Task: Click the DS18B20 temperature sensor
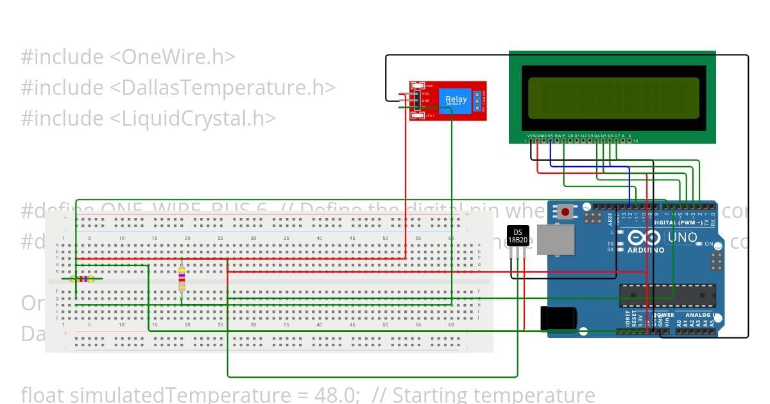pyautogui.click(x=518, y=236)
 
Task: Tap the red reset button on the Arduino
pyautogui.click(x=565, y=211)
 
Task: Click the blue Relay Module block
pyautogui.click(x=456, y=99)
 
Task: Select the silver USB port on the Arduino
pyautogui.click(x=556, y=240)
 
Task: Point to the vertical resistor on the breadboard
pyautogui.click(x=182, y=279)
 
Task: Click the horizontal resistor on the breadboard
pyautogui.click(x=83, y=279)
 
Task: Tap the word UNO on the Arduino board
pyautogui.click(x=682, y=237)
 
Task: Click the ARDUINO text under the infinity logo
pyautogui.click(x=646, y=249)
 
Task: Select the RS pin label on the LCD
pyautogui.click(x=551, y=136)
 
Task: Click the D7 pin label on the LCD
pyautogui.click(x=617, y=136)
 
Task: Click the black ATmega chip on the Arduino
pyautogui.click(x=667, y=294)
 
